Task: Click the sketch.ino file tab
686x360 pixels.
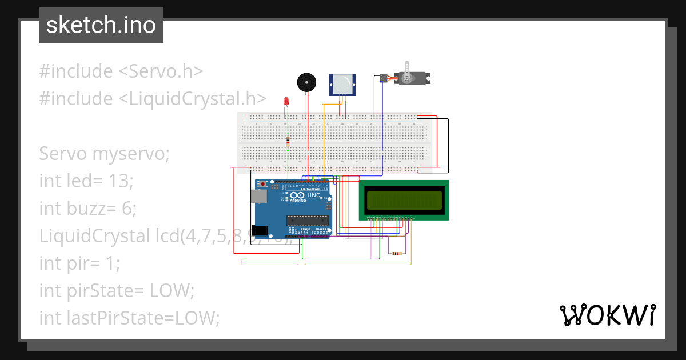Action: (x=101, y=25)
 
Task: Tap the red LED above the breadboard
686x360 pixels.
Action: (x=286, y=102)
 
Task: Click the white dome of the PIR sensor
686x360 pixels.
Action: (x=342, y=85)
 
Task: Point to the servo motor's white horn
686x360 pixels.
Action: (x=406, y=72)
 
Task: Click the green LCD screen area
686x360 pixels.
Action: (x=404, y=200)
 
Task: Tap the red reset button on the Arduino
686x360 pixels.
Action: (x=263, y=185)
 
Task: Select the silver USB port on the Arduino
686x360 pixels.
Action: (x=258, y=197)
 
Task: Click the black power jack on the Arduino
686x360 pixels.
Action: (x=260, y=231)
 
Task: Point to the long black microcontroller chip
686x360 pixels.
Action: (x=308, y=220)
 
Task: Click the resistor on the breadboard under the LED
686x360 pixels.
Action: (x=288, y=141)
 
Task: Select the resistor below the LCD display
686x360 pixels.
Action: (x=396, y=253)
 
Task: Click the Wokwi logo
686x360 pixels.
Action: (x=607, y=315)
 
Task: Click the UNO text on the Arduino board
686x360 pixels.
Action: (x=314, y=195)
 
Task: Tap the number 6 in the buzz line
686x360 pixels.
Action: (x=129, y=209)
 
